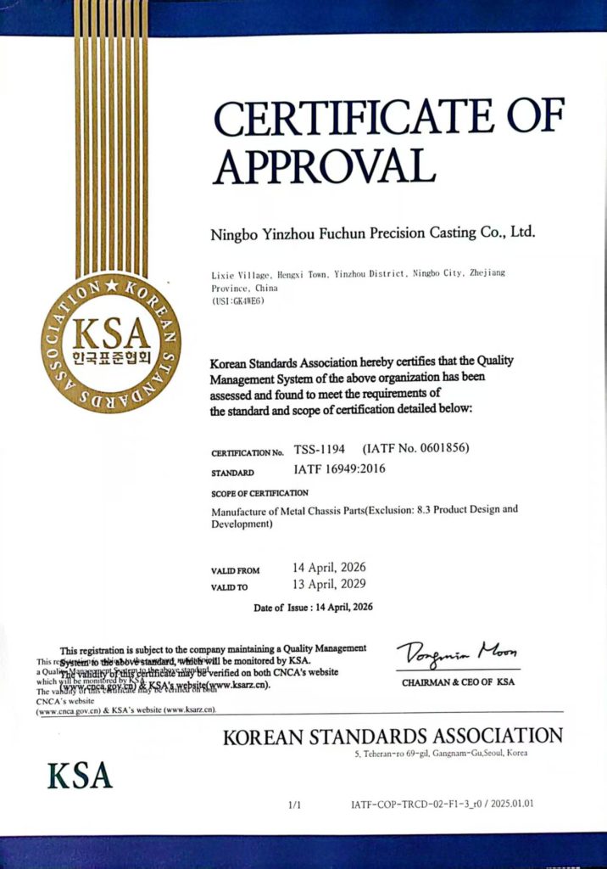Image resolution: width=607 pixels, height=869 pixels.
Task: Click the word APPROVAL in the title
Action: point(324,166)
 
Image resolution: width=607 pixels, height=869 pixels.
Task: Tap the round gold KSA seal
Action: point(110,342)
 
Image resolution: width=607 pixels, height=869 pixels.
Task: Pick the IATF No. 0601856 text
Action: point(415,448)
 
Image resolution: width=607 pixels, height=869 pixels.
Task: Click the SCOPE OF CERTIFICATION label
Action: point(259,493)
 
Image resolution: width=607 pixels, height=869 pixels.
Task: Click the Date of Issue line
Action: point(313,608)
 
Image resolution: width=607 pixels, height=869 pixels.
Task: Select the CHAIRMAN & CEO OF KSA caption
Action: point(458,682)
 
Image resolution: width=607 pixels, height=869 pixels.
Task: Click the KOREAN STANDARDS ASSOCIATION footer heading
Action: point(393,736)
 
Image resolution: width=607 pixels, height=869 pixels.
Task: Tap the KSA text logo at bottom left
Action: point(80,775)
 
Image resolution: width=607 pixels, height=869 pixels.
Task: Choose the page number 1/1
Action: point(295,804)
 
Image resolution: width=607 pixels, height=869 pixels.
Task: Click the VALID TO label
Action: point(231,587)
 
